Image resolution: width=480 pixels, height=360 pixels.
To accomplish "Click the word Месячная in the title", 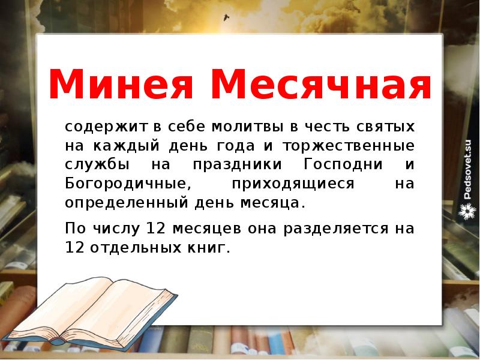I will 322,85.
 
